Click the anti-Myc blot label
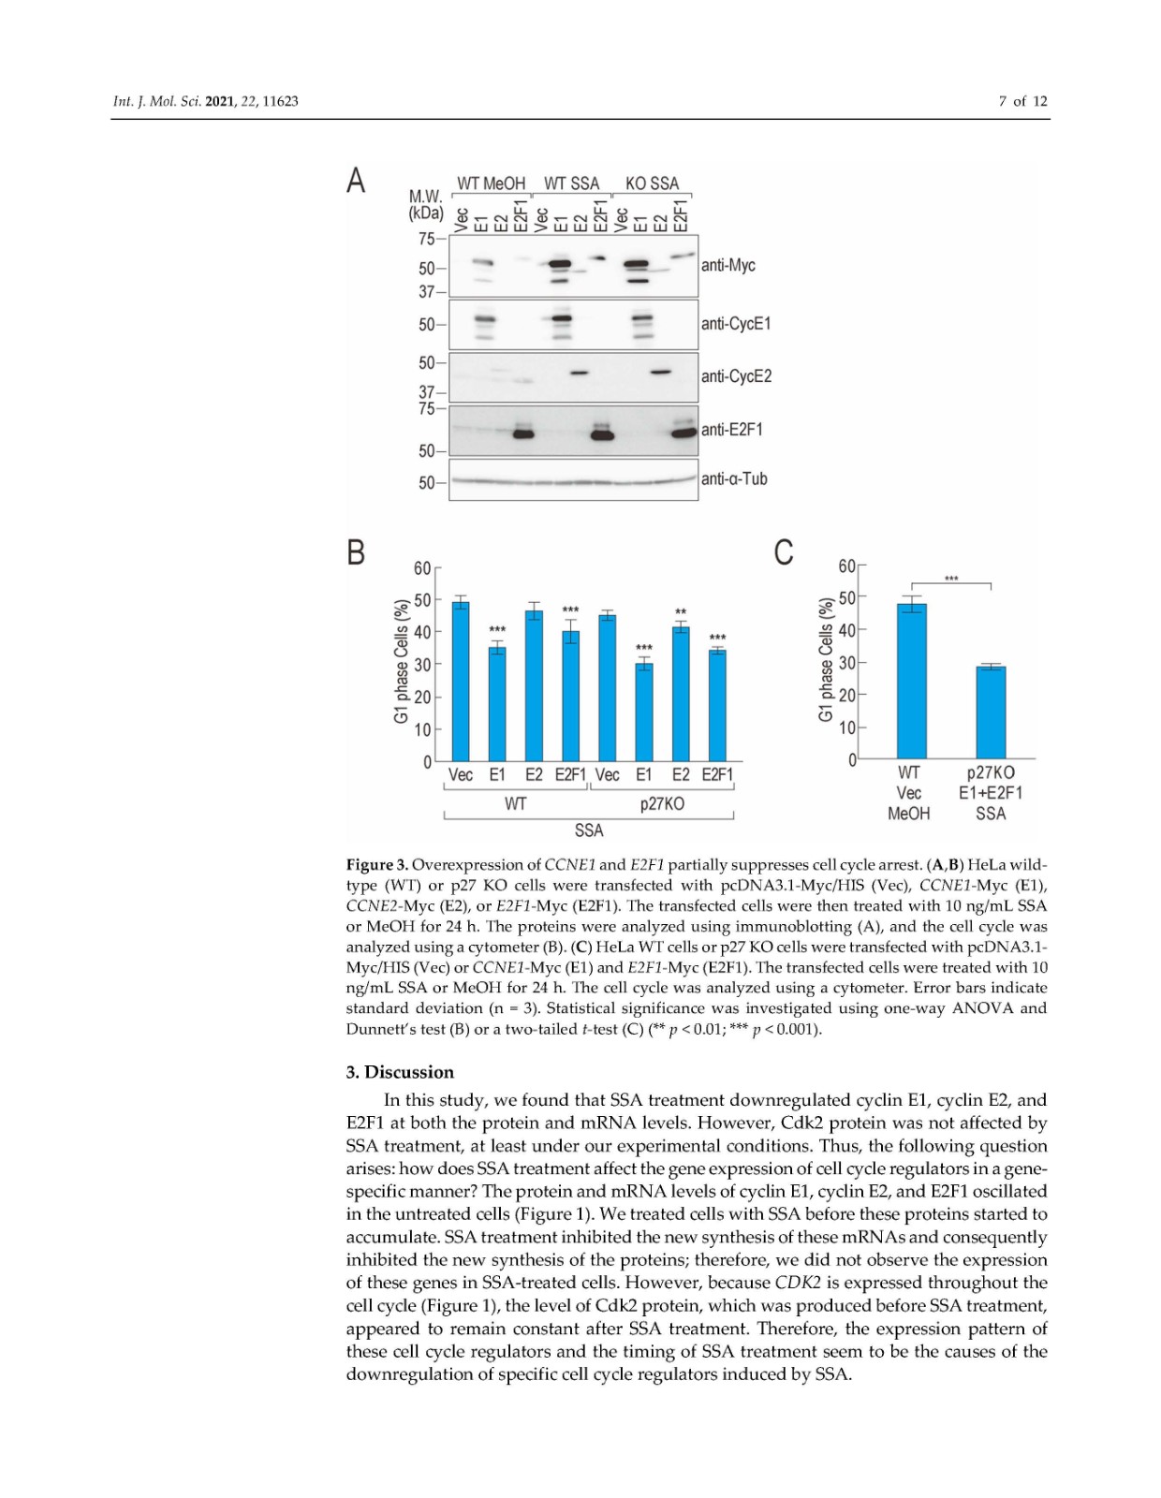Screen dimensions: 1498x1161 727,266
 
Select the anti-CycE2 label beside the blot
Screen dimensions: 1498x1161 736,376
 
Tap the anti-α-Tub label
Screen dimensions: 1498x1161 734,479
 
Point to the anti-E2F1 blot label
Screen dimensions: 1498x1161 732,430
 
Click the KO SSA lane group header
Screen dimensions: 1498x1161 652,184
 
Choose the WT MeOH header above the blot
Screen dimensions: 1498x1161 491,184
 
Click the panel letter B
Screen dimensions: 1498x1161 356,553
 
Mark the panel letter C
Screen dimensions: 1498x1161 784,553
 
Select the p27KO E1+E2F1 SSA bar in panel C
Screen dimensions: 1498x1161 991,712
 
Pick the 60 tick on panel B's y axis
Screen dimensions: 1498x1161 422,568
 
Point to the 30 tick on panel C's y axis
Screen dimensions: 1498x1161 846,663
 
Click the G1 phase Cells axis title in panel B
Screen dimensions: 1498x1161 402,660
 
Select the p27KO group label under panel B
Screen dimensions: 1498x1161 662,804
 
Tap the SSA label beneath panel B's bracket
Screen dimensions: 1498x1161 589,830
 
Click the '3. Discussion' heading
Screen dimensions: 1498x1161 400,1072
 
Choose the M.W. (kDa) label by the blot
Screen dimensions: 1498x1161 426,204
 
